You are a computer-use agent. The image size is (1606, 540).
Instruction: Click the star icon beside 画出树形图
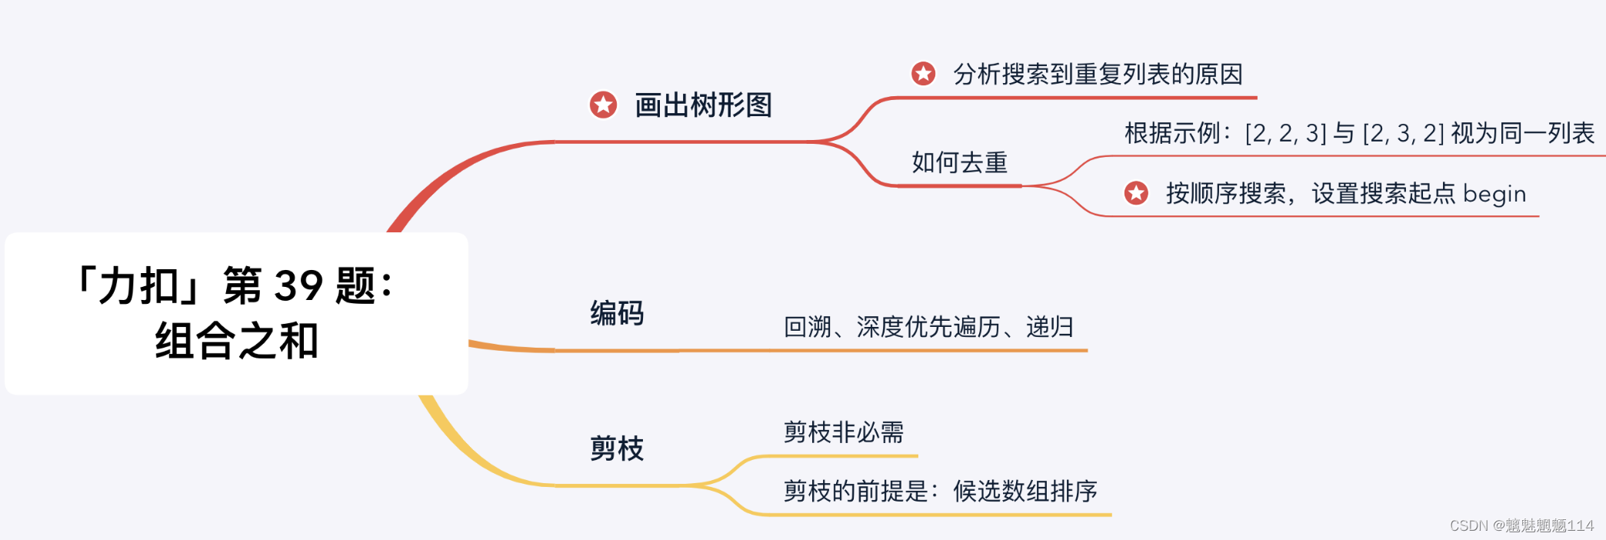point(603,105)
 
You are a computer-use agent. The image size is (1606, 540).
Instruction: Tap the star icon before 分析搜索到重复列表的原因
point(923,74)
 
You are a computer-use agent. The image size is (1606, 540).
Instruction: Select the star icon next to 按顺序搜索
point(1136,193)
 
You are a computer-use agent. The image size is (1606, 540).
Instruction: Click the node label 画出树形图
point(703,105)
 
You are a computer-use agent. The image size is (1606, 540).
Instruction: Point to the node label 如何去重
point(959,163)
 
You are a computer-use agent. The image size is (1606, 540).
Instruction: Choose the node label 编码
point(617,314)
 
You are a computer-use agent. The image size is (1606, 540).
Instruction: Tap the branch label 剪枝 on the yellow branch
point(617,448)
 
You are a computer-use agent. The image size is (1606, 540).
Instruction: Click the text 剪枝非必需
point(843,432)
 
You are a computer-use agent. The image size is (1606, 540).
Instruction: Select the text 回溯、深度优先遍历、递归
point(928,327)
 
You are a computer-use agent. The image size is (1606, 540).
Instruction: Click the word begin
point(1494,194)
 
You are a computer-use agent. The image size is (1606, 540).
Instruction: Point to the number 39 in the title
point(298,286)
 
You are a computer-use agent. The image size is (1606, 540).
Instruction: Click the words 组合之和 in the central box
point(237,341)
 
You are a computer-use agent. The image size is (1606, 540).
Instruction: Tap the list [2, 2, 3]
point(1285,134)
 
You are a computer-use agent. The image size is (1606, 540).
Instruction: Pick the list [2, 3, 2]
point(1403,134)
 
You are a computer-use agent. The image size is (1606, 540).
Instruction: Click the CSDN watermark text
point(1521,525)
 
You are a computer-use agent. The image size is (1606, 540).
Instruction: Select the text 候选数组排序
point(1025,491)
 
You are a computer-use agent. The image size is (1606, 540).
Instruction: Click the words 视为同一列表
point(1523,134)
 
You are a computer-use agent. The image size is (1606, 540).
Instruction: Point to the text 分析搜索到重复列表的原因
point(1098,75)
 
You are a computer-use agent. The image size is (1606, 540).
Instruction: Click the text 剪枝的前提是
point(855,491)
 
